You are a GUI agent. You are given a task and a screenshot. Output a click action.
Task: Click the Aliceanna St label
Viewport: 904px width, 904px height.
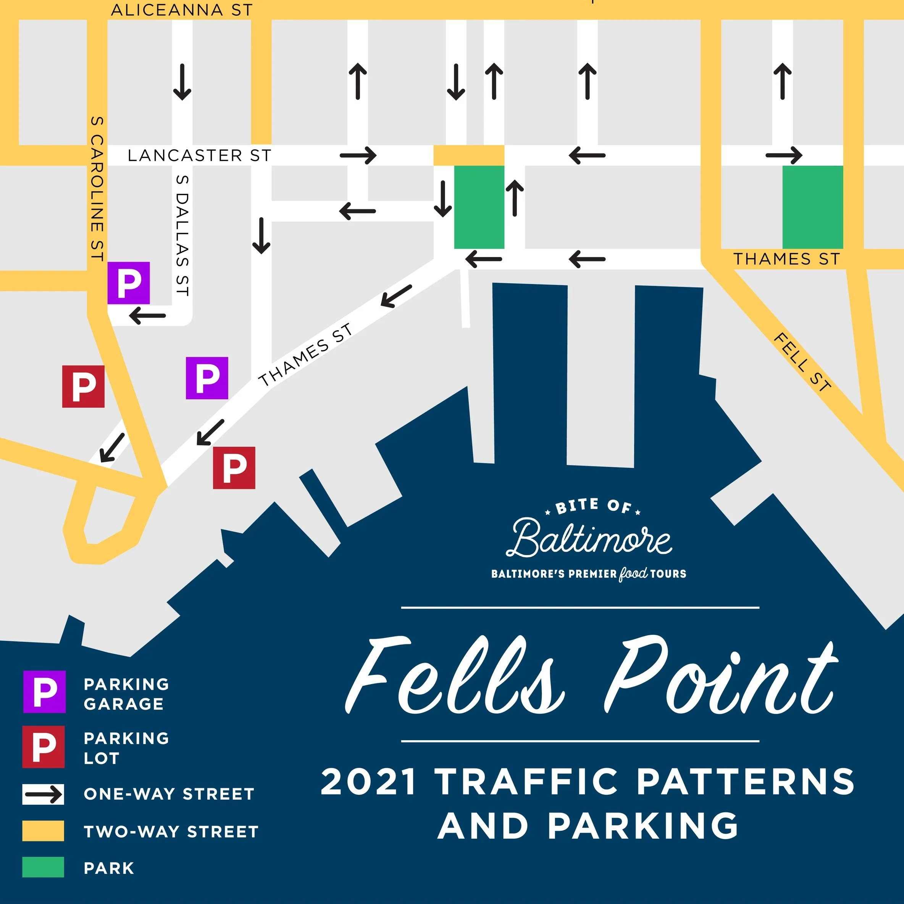[182, 10]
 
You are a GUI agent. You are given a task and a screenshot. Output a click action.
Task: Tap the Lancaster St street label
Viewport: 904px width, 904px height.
[199, 155]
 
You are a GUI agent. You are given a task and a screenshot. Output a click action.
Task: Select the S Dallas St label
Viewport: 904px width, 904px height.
[182, 236]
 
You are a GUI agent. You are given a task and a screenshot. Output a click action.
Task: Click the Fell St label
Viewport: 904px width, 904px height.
[802, 362]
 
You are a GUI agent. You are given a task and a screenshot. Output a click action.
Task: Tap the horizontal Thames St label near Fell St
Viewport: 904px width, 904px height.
[786, 259]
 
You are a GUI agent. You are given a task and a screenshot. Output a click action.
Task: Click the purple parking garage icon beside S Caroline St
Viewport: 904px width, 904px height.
[129, 283]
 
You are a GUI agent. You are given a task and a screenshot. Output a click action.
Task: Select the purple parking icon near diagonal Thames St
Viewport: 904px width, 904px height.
[207, 378]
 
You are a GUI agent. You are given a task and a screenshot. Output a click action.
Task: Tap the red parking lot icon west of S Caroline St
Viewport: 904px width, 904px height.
[83, 386]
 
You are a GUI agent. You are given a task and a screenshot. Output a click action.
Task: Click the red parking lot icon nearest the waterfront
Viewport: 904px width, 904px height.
[234, 468]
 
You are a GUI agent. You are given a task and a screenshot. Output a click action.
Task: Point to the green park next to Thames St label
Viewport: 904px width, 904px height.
[812, 207]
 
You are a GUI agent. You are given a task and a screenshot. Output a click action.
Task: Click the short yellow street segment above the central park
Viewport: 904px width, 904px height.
[469, 155]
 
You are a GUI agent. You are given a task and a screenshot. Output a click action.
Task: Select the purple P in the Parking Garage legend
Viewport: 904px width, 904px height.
[44, 692]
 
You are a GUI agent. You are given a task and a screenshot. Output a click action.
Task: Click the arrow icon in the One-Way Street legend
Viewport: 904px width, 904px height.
[43, 794]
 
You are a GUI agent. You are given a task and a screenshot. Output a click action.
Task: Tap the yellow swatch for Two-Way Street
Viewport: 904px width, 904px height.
[43, 831]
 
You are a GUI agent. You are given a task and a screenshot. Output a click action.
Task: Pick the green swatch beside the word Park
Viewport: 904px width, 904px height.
[43, 867]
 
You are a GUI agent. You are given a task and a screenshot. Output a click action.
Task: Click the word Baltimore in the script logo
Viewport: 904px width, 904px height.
[589, 539]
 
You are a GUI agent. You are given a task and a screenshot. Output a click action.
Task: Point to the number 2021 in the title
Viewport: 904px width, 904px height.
[369, 782]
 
